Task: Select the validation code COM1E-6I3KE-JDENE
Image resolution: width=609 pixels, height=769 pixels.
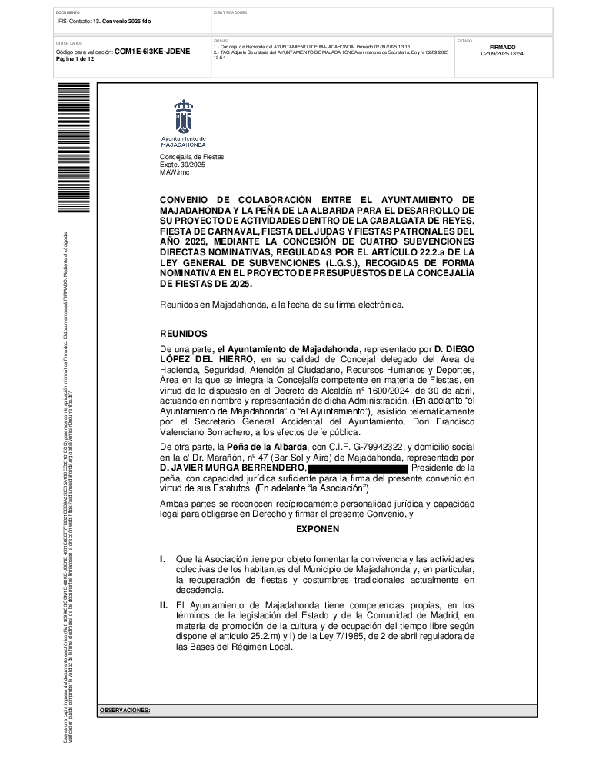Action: click(x=152, y=52)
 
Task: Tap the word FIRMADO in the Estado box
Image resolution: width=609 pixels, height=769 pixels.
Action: click(x=502, y=47)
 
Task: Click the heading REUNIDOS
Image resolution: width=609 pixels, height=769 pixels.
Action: click(x=183, y=335)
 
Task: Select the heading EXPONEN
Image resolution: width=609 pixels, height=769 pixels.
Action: click(x=318, y=529)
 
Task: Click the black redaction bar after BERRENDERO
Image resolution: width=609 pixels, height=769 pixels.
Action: click(x=358, y=468)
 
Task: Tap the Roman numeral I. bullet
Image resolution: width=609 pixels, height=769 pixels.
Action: click(x=162, y=558)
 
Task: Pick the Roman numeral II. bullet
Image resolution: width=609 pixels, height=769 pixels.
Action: click(x=164, y=606)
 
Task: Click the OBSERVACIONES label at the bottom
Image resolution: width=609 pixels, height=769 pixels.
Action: click(x=125, y=711)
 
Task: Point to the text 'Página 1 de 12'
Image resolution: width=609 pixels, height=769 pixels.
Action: click(x=75, y=59)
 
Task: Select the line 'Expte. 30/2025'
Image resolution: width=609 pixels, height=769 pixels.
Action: click(x=183, y=165)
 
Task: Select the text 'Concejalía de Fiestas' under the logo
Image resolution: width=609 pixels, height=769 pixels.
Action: click(x=192, y=157)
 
